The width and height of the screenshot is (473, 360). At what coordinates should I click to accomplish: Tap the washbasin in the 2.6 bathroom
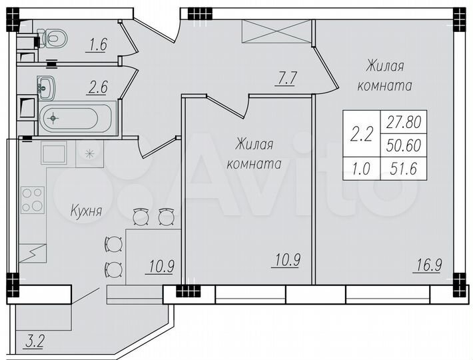point(47,85)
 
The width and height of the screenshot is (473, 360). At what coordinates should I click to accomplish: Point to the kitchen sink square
point(53,154)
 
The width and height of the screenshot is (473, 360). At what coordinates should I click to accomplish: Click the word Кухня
point(86,212)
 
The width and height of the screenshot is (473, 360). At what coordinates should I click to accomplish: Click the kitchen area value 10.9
point(160,267)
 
